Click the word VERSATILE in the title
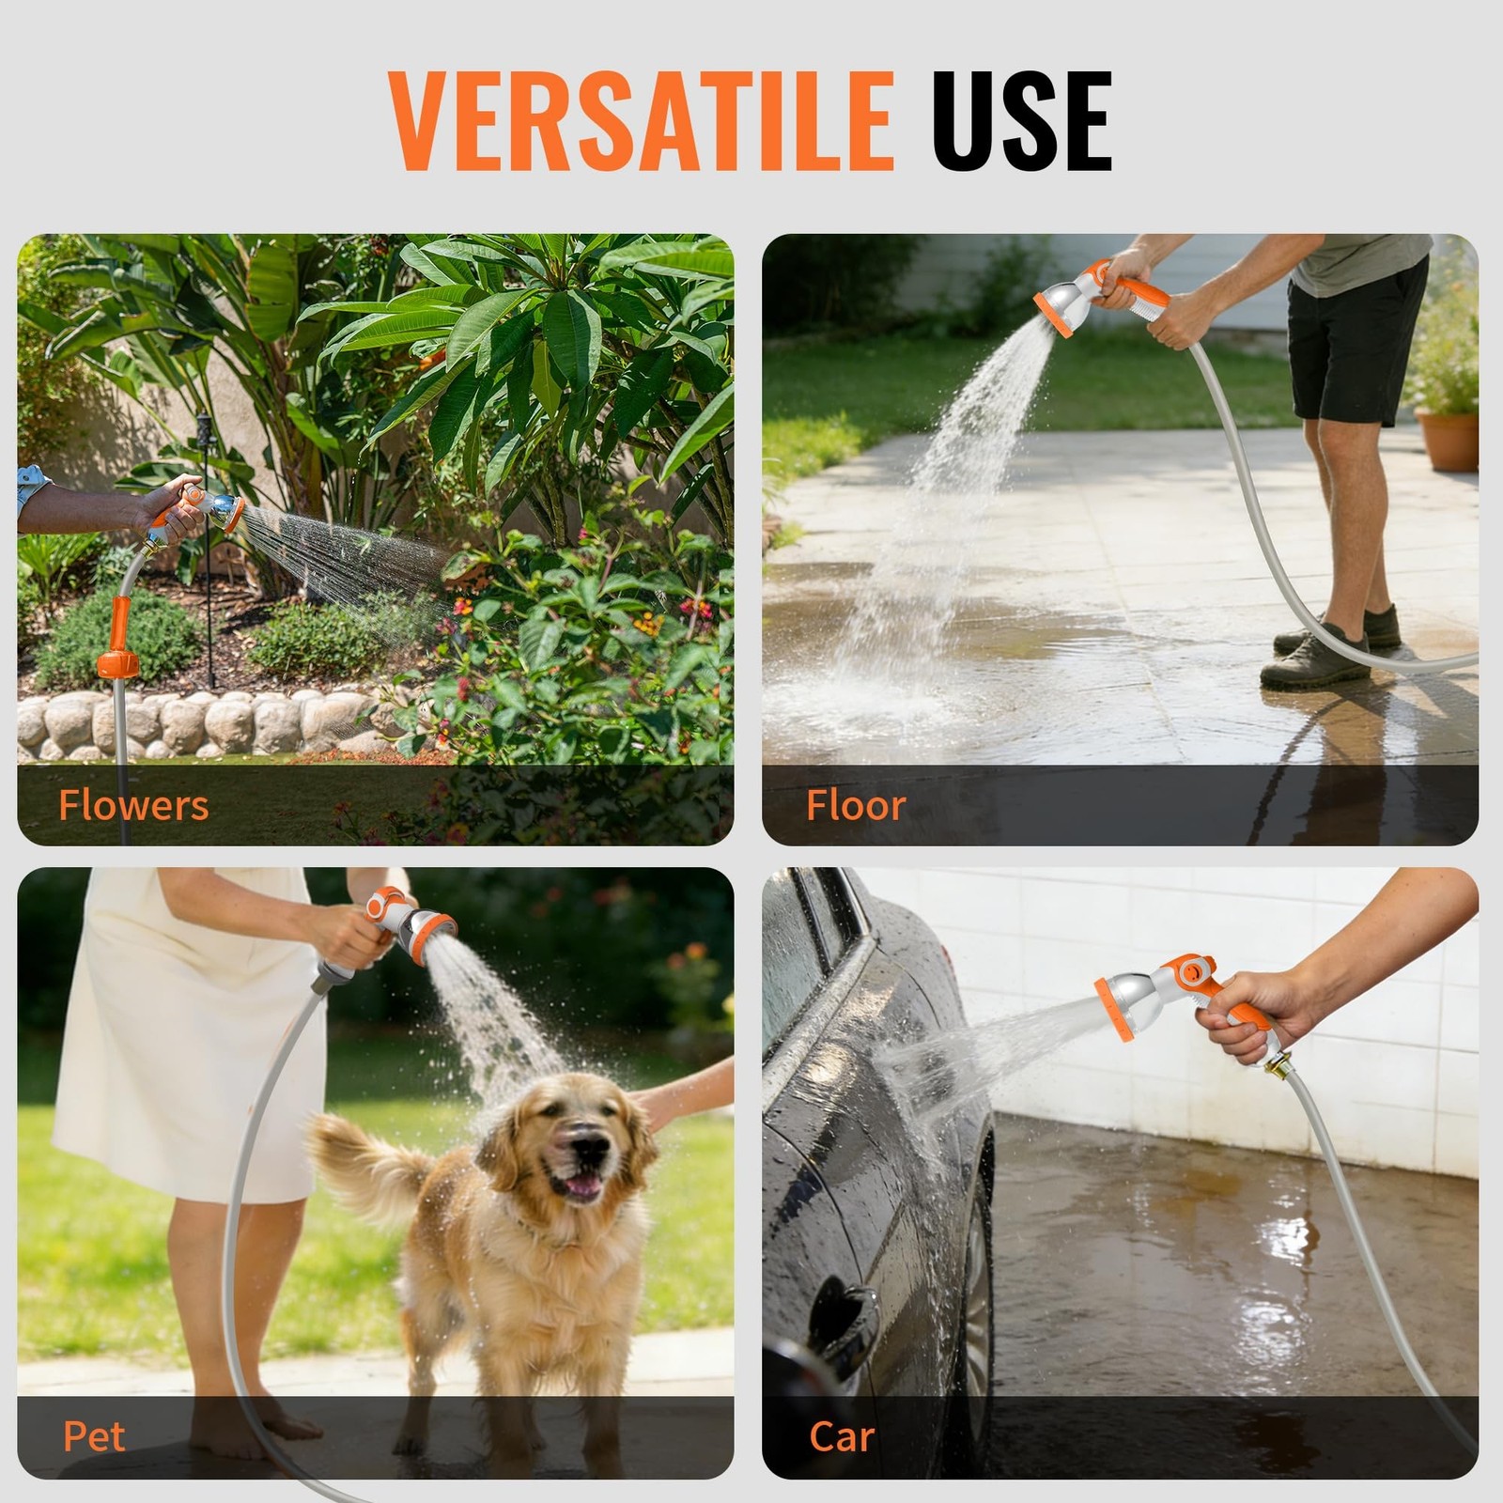(x=641, y=121)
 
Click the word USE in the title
(x=1022, y=121)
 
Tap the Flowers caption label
(x=133, y=806)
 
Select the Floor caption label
(x=856, y=806)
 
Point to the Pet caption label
(x=94, y=1436)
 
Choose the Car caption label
(x=842, y=1436)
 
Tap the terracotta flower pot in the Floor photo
(x=1448, y=440)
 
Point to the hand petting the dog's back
(x=681, y=1094)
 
